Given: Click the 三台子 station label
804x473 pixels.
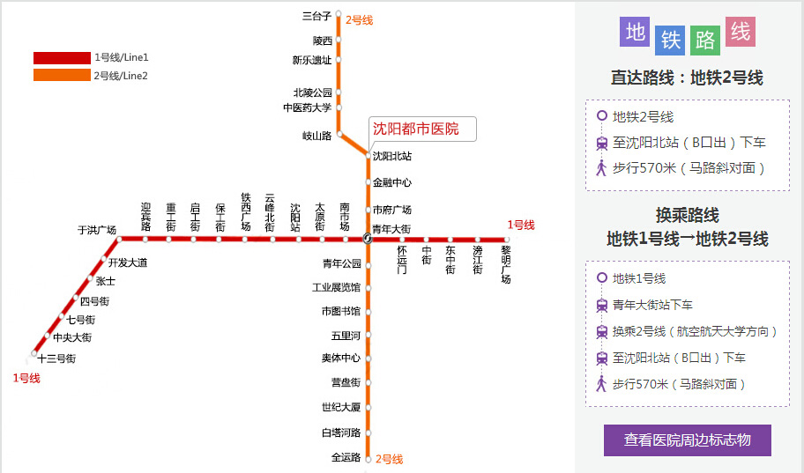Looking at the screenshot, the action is [316, 17].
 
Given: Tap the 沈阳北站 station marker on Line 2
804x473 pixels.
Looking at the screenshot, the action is [368, 155].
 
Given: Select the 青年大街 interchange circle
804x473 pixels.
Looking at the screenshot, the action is [368, 239].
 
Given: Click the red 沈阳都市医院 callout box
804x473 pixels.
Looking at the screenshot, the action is [422, 129].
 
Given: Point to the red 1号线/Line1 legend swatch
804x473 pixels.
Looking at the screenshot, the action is [62, 58].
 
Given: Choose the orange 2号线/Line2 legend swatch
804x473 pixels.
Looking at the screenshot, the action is [62, 76].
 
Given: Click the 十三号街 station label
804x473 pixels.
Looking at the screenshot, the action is [57, 358].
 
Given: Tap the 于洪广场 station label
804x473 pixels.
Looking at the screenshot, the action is [97, 230].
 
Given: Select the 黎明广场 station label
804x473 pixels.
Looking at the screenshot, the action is [506, 264].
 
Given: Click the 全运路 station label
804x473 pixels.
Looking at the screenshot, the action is [346, 457].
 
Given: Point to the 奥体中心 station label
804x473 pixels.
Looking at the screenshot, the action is [341, 358].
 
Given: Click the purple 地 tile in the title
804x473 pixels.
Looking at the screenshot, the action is [635, 32].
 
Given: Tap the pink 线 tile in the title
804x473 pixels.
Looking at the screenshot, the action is [741, 32].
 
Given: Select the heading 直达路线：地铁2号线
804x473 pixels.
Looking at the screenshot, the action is [687, 78].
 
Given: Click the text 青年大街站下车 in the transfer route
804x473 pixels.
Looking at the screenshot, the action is [652, 305].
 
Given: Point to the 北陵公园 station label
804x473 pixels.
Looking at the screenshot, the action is [313, 92].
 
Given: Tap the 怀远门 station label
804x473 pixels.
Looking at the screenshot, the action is [402, 260].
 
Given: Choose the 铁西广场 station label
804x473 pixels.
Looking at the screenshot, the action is [246, 212].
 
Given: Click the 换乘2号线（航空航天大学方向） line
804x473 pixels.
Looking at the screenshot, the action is [695, 331].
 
